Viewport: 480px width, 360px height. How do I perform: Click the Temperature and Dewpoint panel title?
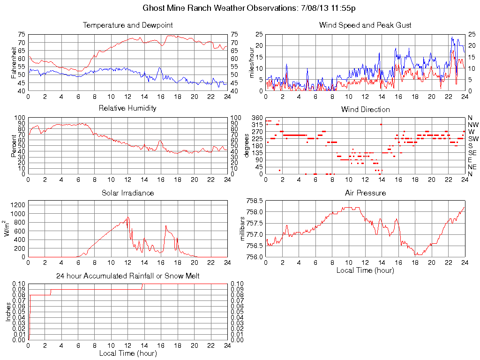(127, 25)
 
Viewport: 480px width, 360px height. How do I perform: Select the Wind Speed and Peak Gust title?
(365, 25)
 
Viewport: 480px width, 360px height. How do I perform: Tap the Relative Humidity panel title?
(127, 108)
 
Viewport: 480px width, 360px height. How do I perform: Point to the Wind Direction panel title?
(365, 109)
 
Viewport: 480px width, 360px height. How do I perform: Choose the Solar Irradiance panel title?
(127, 193)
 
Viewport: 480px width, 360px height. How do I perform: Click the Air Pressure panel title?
(365, 193)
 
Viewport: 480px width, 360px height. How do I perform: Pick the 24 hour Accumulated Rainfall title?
(127, 276)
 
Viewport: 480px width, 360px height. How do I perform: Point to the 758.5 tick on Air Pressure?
(254, 201)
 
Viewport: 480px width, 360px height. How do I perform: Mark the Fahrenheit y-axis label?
(14, 63)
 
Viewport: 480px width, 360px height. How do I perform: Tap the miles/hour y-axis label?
(251, 63)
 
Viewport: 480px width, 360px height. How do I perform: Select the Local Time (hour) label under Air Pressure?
(365, 270)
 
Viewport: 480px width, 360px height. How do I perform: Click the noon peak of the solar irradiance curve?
(127, 217)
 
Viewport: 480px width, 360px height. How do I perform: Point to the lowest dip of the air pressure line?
(416, 255)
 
